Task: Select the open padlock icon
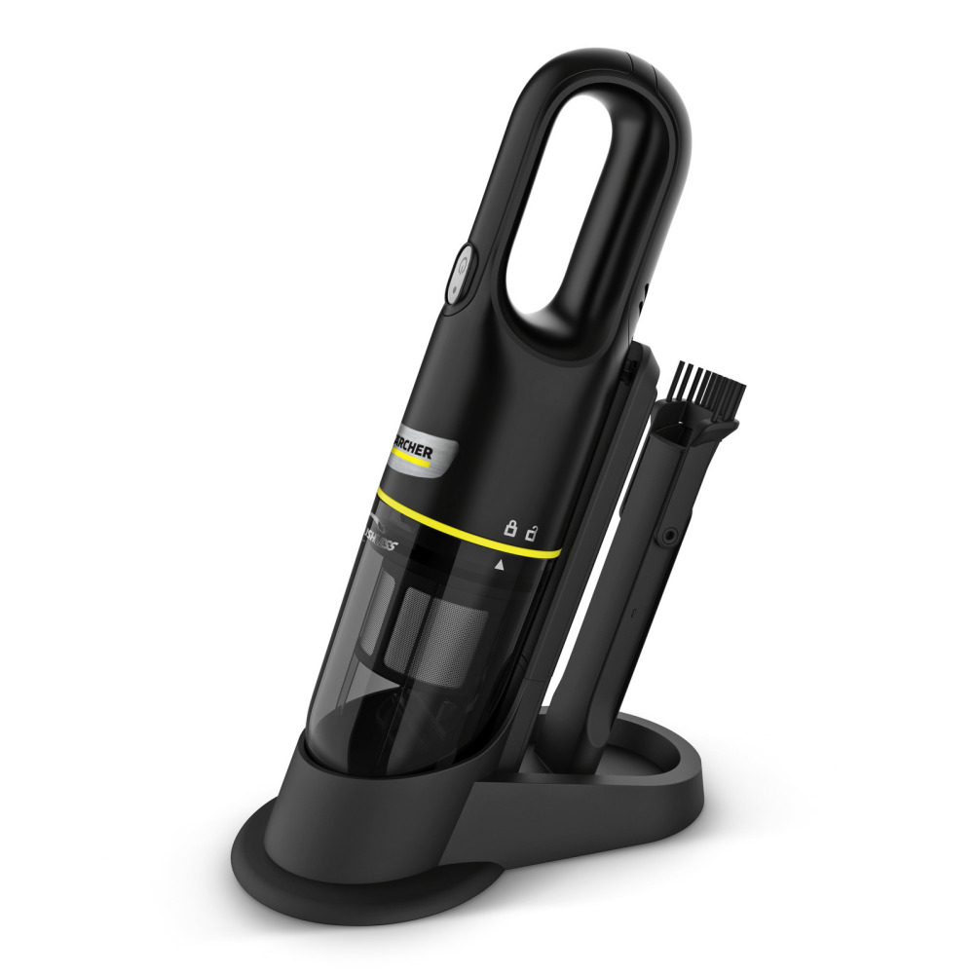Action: tap(532, 532)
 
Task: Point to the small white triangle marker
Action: tap(501, 564)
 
